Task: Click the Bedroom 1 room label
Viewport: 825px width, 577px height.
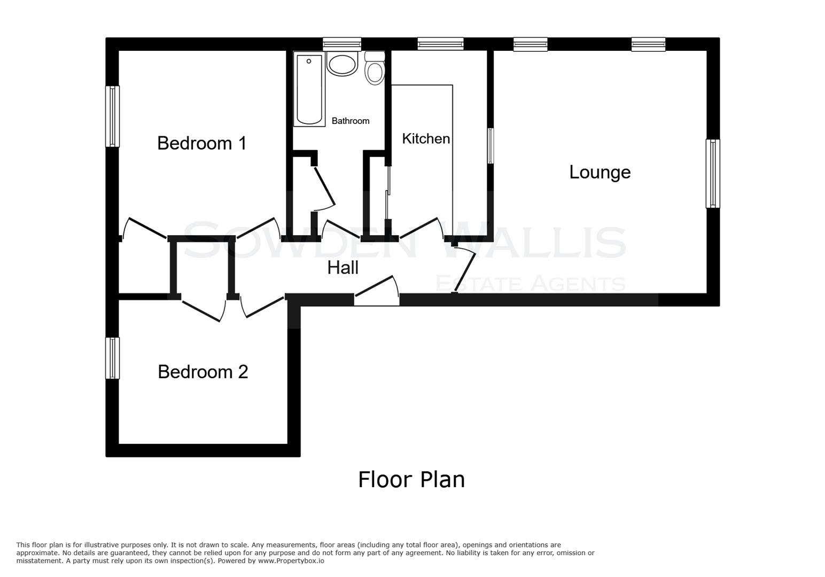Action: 202,143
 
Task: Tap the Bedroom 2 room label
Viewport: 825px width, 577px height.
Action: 203,372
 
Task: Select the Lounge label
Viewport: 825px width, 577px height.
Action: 600,172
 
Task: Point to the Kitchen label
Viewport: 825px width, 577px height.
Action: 426,139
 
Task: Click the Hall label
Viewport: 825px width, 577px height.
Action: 343,268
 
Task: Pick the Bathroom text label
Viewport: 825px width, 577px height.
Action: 351,121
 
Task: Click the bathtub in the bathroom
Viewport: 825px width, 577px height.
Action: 309,89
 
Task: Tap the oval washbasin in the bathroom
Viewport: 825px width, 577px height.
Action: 342,65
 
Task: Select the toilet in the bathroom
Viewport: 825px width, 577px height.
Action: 375,69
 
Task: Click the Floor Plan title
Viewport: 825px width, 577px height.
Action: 411,480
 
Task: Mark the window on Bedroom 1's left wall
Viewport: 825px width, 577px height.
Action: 112,116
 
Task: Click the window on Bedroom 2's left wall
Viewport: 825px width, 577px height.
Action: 112,358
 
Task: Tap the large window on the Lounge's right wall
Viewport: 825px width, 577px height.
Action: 713,173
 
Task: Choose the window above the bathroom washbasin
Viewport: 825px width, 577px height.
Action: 342,44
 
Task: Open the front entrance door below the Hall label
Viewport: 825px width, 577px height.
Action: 377,291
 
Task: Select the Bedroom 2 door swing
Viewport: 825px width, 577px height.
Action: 262,306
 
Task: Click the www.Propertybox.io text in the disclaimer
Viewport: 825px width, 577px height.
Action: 291,561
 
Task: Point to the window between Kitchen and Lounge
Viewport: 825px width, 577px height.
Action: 491,145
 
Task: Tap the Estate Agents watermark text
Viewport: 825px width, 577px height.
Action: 530,284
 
